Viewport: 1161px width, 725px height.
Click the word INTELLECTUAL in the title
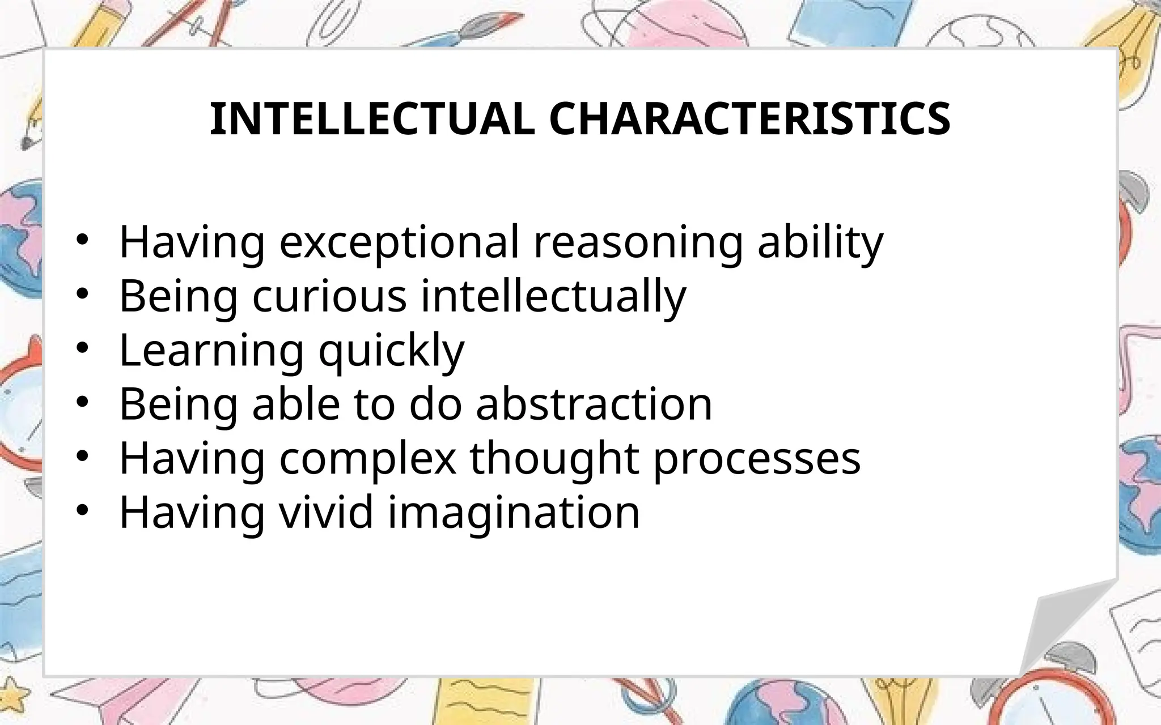tap(372, 119)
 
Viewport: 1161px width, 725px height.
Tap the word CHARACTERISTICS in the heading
tap(749, 119)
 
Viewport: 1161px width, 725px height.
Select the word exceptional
tap(399, 242)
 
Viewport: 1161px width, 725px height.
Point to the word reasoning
tap(638, 242)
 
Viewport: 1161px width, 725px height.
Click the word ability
tap(820, 242)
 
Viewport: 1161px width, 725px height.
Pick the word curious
tap(329, 296)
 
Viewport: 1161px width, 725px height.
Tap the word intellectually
tap(553, 296)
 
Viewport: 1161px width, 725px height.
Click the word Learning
tap(211, 350)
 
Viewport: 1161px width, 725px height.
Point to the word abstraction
tap(594, 404)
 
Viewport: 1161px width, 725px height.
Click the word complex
tap(368, 459)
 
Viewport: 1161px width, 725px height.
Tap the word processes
tap(757, 459)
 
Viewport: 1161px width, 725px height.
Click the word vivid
tap(327, 512)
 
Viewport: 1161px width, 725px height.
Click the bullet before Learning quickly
tap(83, 349)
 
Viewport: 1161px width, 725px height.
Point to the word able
tap(296, 404)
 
